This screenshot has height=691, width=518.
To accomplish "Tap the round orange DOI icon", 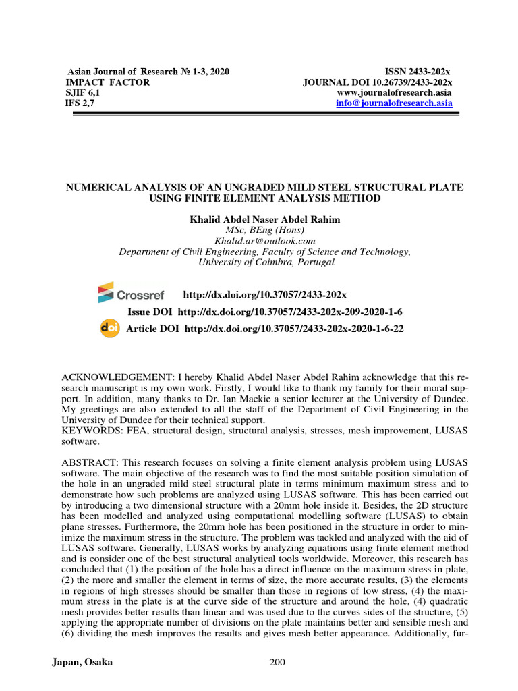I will click(109, 328).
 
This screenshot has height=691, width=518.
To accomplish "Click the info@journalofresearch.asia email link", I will click(395, 103).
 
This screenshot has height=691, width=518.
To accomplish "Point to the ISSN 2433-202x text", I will click(417, 71).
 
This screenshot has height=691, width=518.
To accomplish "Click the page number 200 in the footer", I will click(277, 662).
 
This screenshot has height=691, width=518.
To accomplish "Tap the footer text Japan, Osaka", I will click(82, 662).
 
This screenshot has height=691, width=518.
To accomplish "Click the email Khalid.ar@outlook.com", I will click(264, 240).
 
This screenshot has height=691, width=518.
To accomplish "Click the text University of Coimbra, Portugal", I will click(264, 262).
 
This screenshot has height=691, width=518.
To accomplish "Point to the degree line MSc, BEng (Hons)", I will click(264, 230).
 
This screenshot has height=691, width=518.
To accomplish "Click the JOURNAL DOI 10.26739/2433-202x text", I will click(377, 82).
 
